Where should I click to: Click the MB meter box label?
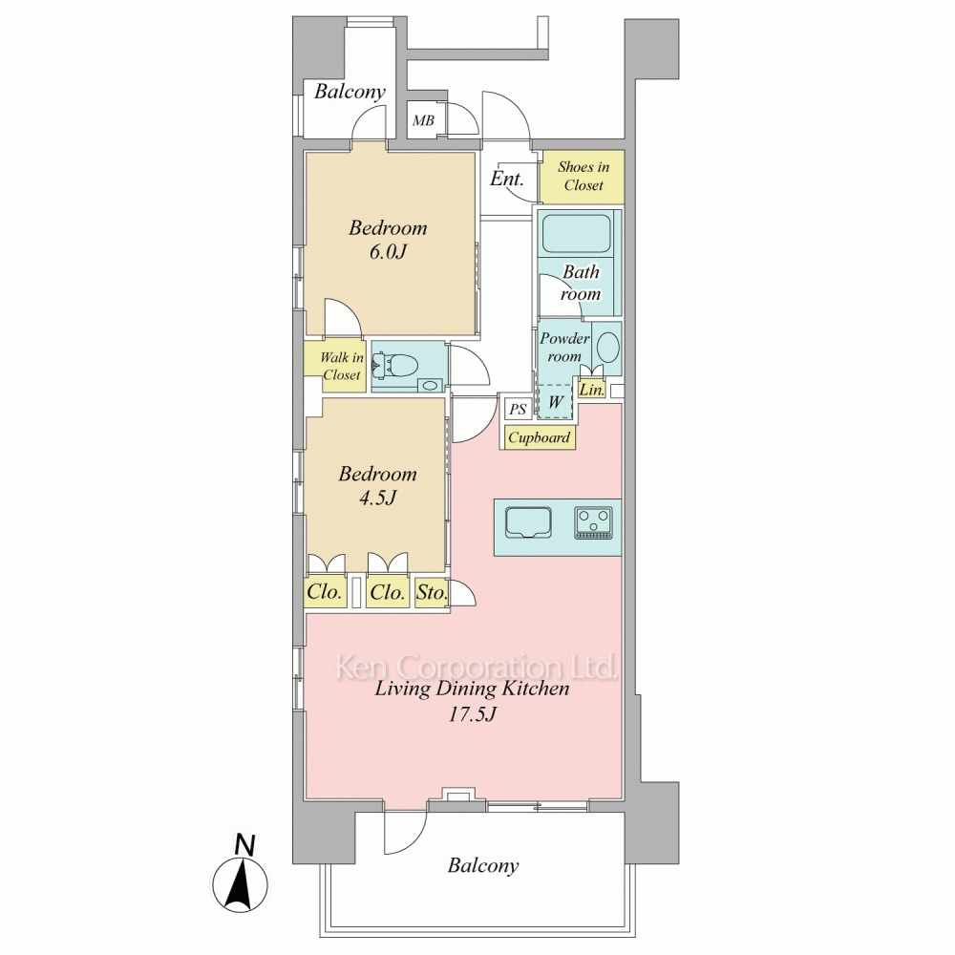click(423, 120)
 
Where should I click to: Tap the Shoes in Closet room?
click(583, 177)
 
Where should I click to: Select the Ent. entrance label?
click(507, 179)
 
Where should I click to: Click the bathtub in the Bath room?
click(576, 233)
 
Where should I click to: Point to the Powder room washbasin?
click(607, 349)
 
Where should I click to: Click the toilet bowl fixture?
click(397, 366)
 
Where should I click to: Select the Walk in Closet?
click(342, 366)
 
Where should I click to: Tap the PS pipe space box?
click(518, 410)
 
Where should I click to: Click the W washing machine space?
click(556, 401)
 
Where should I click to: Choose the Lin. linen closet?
click(591, 390)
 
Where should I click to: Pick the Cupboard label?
click(539, 437)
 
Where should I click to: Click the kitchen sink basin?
click(529, 523)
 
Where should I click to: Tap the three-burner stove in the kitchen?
click(594, 523)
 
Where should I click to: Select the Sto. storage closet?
click(432, 592)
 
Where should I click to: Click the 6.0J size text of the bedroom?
click(388, 251)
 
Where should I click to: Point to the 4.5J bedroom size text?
click(377, 498)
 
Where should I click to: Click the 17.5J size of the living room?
click(472, 713)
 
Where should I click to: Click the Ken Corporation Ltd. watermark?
click(477, 668)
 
